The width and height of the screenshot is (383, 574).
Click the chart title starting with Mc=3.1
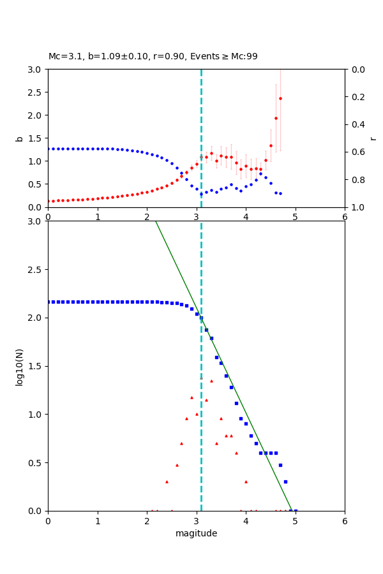click(153, 57)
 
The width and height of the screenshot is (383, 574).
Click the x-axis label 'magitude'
click(196, 533)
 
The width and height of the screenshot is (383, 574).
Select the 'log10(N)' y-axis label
click(19, 366)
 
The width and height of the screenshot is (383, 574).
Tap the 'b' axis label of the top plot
click(19, 138)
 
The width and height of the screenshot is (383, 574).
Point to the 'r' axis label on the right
click(373, 138)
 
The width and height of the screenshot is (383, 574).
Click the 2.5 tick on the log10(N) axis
click(35, 270)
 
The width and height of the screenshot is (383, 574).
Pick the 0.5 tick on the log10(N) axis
click(35, 463)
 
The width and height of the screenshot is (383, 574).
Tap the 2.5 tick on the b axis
click(35, 92)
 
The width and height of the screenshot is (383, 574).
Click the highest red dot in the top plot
click(280, 98)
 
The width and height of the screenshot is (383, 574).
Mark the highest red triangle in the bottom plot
click(211, 381)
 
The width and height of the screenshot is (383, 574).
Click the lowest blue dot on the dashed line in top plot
click(201, 194)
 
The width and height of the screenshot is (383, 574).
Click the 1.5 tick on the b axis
click(35, 138)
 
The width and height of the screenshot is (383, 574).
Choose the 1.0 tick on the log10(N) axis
click(35, 415)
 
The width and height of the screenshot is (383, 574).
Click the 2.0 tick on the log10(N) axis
click(35, 318)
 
